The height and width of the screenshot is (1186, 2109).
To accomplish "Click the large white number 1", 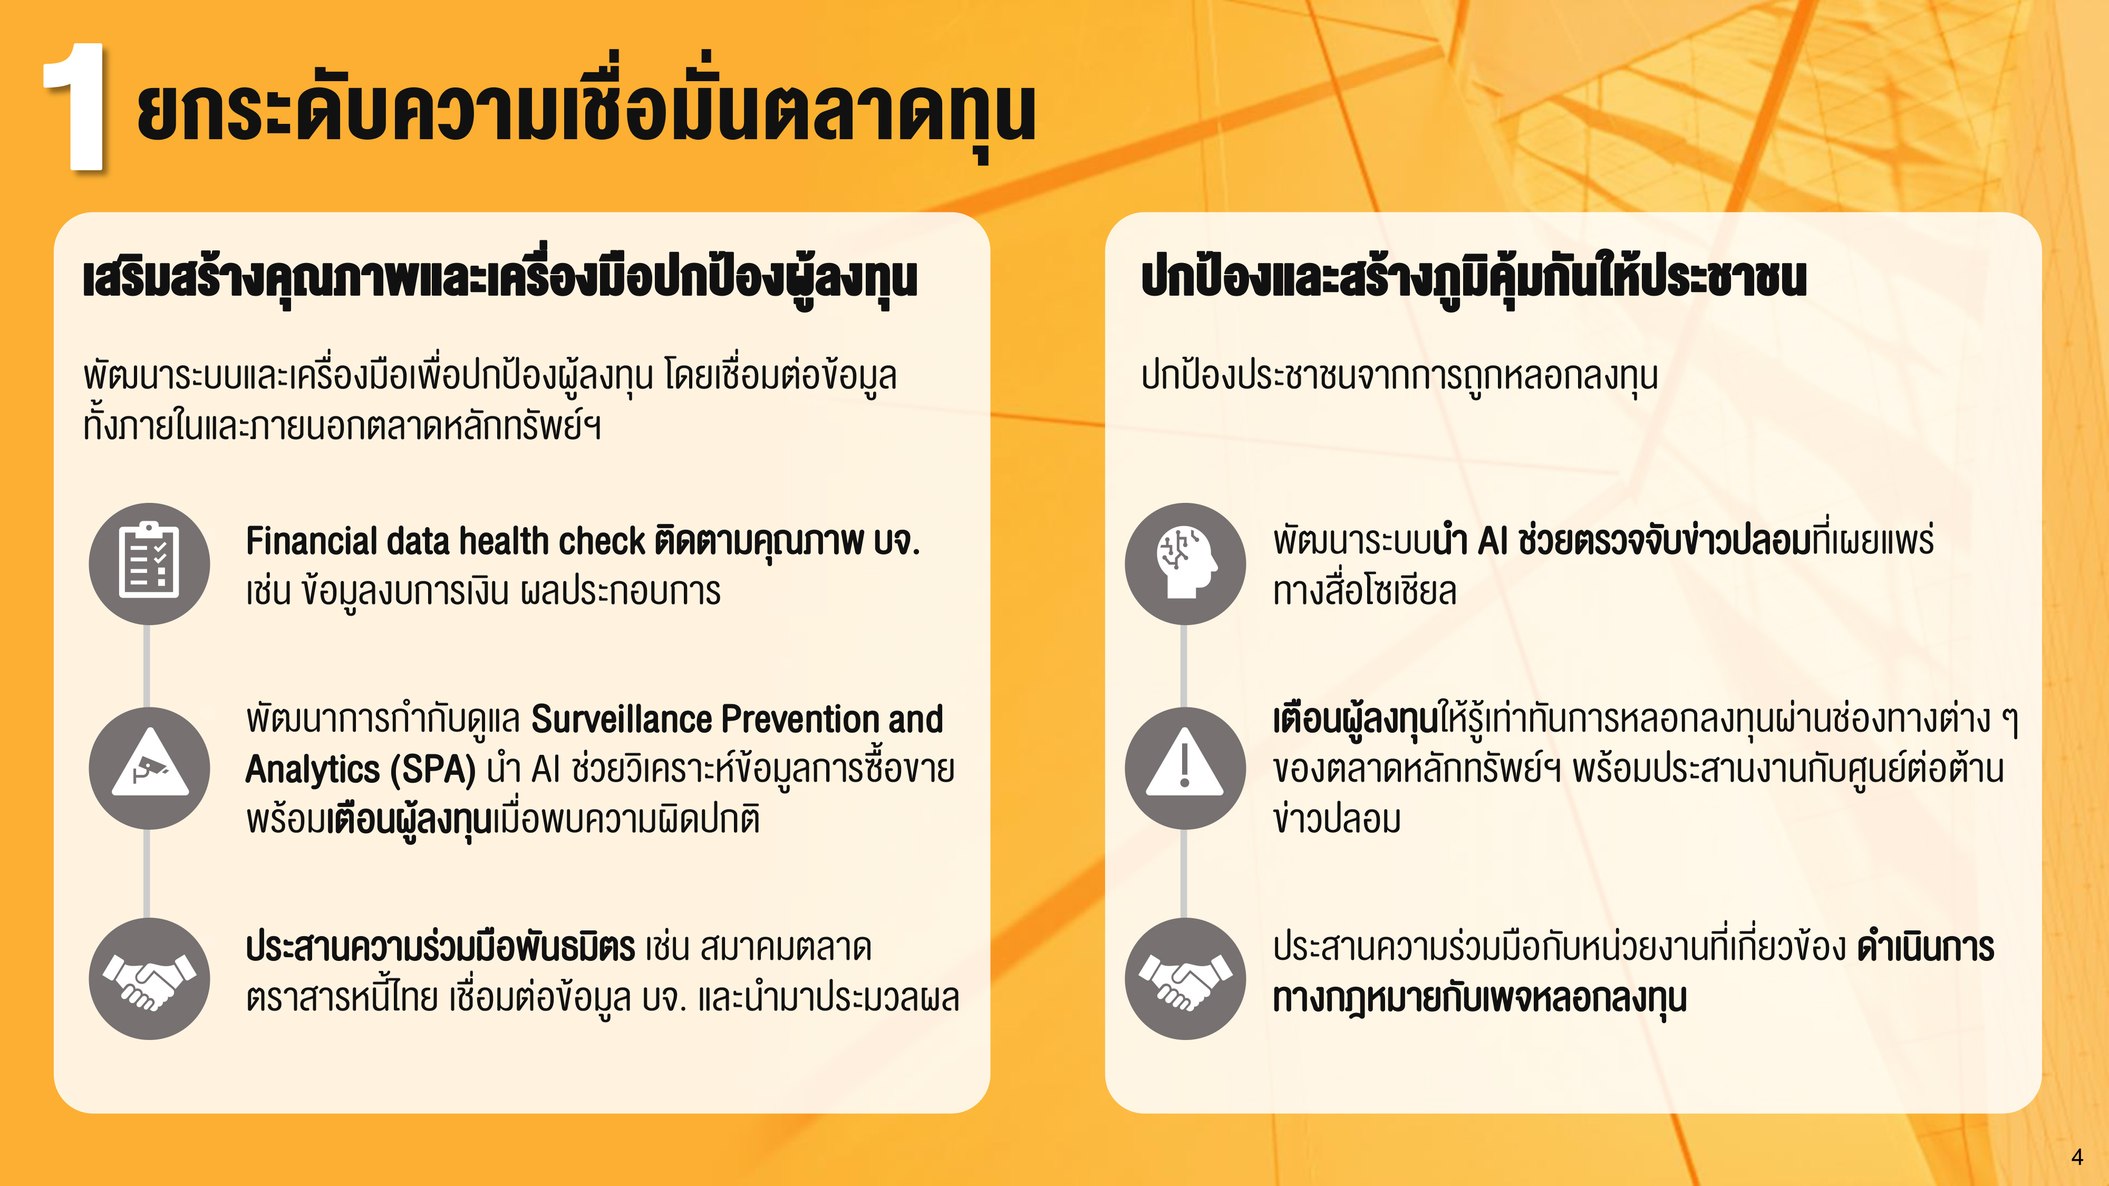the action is tap(75, 106).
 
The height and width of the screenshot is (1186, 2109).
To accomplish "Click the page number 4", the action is tap(2076, 1156).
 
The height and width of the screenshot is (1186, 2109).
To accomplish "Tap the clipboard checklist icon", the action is tap(149, 563).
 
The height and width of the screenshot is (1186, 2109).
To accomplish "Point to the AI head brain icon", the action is tap(1185, 563).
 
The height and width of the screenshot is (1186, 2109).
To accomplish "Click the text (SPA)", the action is tap(432, 770).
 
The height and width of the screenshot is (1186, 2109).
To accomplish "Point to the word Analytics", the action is tap(313, 770).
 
